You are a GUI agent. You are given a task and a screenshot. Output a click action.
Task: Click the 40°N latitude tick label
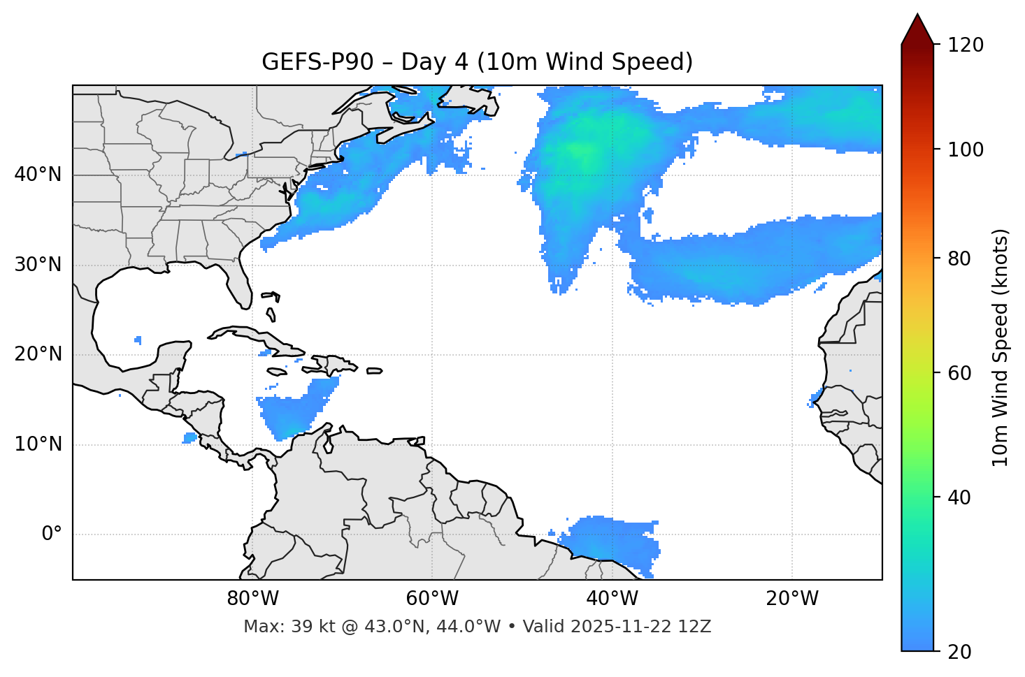(x=38, y=175)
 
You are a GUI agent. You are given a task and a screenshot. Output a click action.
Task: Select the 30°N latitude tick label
(x=38, y=265)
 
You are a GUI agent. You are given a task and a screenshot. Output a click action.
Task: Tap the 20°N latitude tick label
(x=38, y=354)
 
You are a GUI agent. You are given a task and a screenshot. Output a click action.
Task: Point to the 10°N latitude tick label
(x=38, y=444)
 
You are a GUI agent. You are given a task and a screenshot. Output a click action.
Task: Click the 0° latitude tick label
(x=52, y=534)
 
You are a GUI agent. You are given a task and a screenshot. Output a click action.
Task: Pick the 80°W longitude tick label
(x=252, y=599)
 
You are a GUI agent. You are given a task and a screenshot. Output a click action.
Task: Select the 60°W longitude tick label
(x=432, y=599)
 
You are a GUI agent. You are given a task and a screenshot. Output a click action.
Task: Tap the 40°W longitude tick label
(x=612, y=599)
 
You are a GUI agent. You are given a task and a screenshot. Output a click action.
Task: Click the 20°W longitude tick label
(x=792, y=599)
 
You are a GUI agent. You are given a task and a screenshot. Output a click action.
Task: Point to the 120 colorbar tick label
(x=966, y=45)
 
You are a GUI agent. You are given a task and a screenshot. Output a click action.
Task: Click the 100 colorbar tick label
(x=966, y=150)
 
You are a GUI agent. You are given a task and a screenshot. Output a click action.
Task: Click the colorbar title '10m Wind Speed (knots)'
(x=1001, y=347)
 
